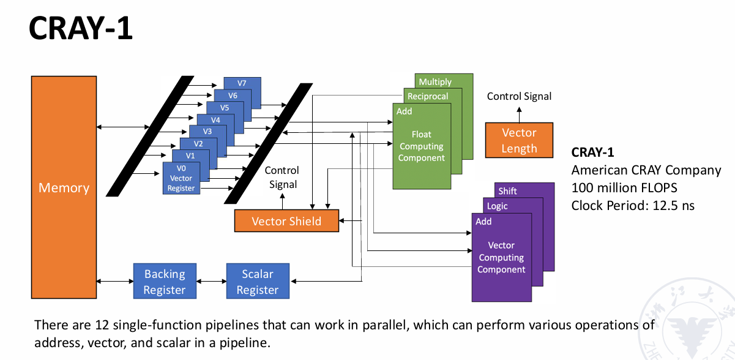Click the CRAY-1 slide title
point(81,29)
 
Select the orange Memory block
point(64,187)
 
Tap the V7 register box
point(242,83)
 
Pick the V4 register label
point(215,119)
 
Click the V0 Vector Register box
point(181,178)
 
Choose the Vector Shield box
point(286,221)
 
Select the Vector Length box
point(519,140)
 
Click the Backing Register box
point(164,282)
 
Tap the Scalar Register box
point(257,282)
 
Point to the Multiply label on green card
point(435,82)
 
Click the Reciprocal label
point(428,96)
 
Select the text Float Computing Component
point(422,146)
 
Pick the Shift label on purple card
point(507,191)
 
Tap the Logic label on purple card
point(498,206)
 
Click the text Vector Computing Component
point(501,257)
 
